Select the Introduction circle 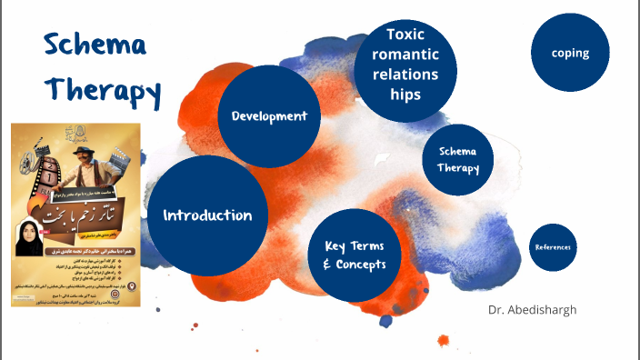tap(207, 216)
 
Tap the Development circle tap(269, 116)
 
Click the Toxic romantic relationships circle tap(405, 64)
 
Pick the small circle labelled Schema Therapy tap(458, 159)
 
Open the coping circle tap(570, 53)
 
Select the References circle tap(553, 247)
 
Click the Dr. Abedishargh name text tap(532, 309)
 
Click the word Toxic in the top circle tap(405, 35)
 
